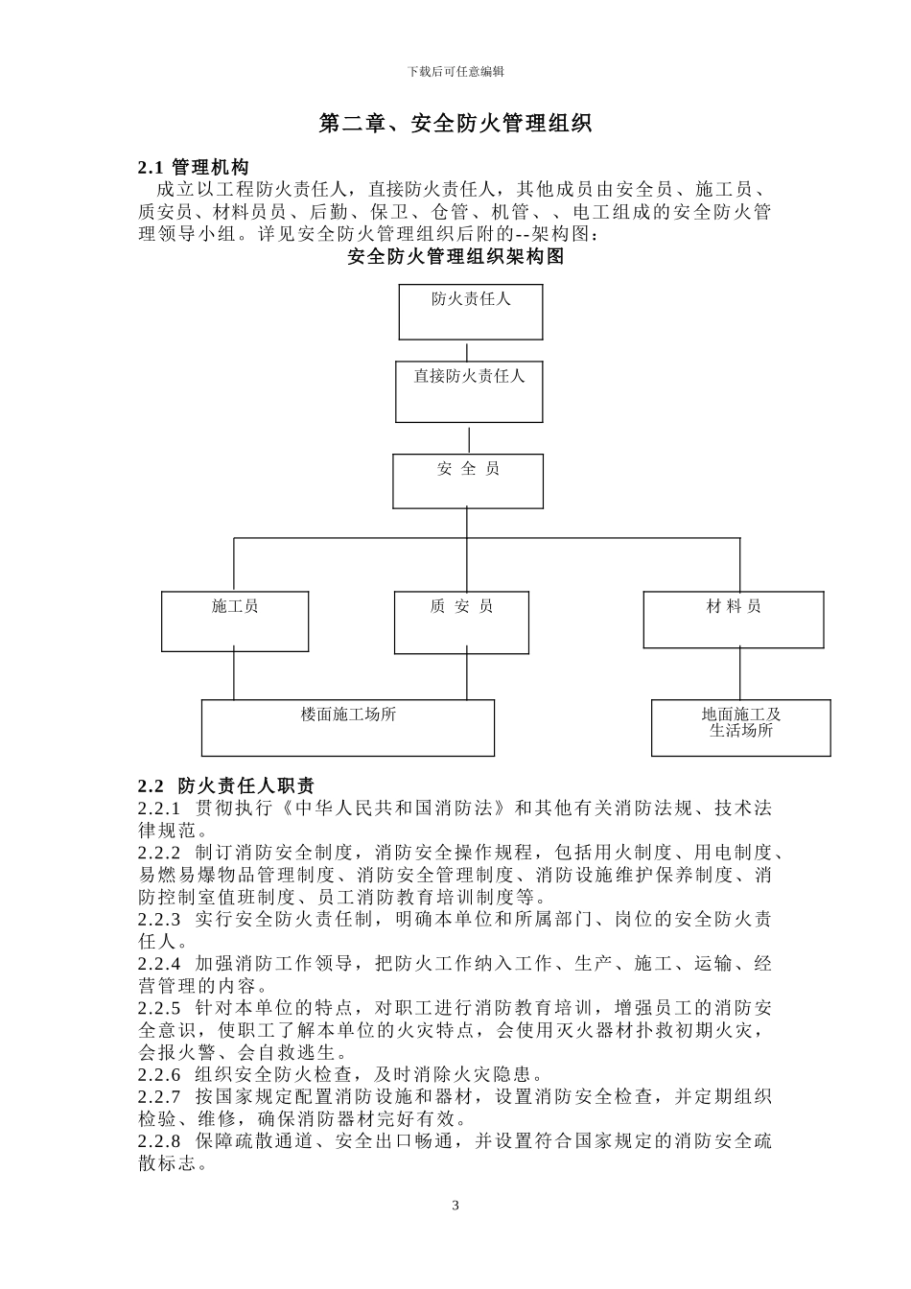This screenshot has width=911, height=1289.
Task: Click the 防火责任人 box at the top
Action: coord(470,311)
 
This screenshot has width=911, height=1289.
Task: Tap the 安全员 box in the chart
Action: coord(468,480)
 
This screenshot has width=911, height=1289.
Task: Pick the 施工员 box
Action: coord(235,621)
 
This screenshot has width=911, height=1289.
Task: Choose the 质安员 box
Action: coord(461,622)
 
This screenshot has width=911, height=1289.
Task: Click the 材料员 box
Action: coord(733,620)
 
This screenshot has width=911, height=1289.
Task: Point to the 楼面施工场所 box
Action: coord(348,728)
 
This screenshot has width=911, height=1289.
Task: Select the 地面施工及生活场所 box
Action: coord(741,728)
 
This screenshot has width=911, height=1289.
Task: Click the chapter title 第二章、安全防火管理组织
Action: coord(455,124)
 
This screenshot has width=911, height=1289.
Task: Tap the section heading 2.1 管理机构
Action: coord(194,168)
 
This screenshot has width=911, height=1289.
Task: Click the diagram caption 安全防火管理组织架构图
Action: coord(455,257)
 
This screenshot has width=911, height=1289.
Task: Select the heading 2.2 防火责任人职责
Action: coord(226,785)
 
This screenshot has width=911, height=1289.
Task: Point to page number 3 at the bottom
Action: coord(455,1206)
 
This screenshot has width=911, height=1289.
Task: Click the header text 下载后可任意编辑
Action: coord(455,71)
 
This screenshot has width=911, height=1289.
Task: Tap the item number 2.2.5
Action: coord(159,1008)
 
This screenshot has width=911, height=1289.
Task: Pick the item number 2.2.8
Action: coord(159,1141)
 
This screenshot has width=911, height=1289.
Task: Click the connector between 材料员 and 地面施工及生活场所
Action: coord(739,673)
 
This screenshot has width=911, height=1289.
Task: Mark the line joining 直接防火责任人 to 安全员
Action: coord(469,438)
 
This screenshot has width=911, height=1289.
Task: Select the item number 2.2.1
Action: coord(159,808)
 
